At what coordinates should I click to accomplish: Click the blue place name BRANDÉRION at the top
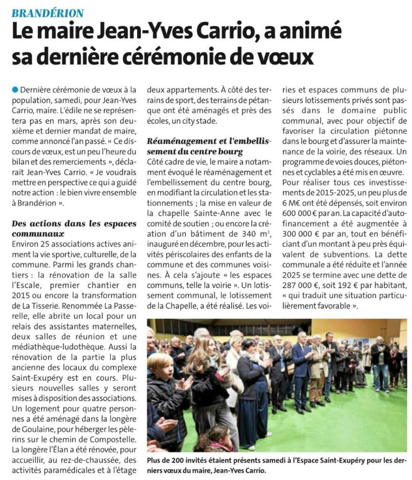(48, 13)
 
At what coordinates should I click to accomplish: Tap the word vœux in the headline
(284, 57)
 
